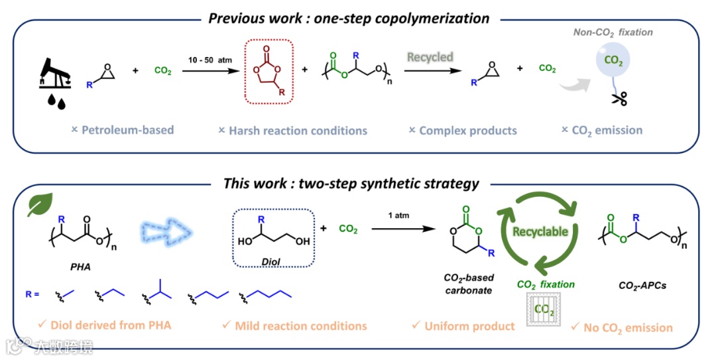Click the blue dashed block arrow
[x=166, y=233]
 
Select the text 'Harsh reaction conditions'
[x=298, y=131]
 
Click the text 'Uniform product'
[x=469, y=326]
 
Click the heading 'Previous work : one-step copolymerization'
[x=349, y=18]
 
